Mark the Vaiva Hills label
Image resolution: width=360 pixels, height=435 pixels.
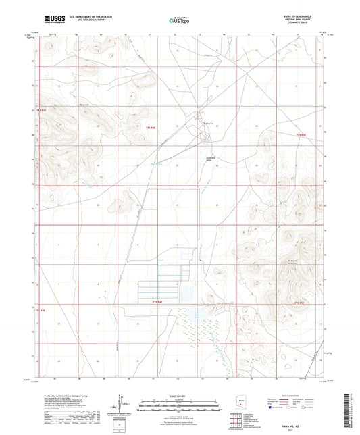pos(85,106)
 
